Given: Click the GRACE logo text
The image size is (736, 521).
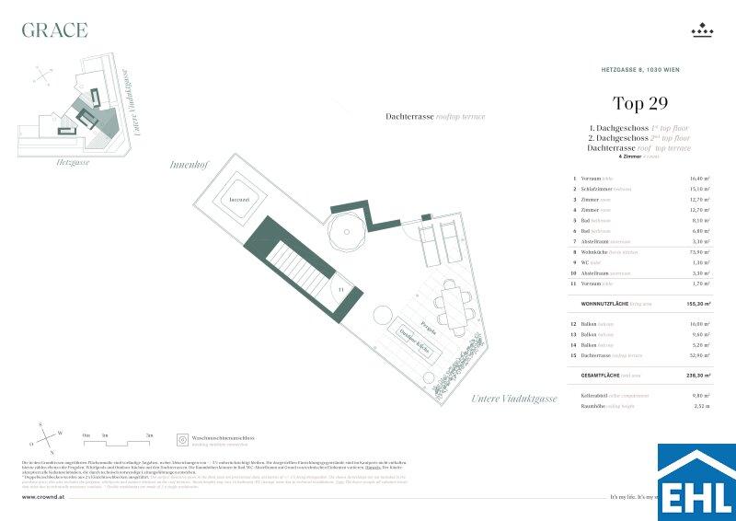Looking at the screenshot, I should point(55,30).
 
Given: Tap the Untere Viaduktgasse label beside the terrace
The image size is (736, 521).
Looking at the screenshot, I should point(514,399).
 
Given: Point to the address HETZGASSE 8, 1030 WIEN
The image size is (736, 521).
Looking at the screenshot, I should point(639,70).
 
